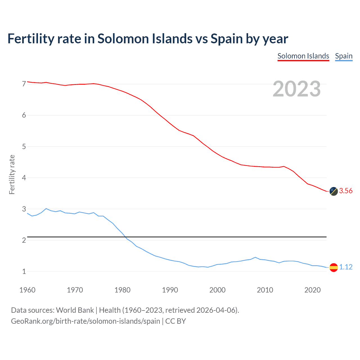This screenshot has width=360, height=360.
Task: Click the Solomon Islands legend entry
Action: click(303, 56)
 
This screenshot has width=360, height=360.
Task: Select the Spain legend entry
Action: click(344, 56)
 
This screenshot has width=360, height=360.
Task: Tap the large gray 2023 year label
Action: click(297, 89)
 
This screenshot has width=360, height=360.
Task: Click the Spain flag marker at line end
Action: click(334, 267)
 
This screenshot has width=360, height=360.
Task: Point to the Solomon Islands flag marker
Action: click(334, 191)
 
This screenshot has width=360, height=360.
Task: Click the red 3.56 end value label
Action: click(346, 191)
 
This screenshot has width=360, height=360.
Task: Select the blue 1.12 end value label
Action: click(346, 267)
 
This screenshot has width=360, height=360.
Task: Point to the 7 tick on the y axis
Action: click(24, 84)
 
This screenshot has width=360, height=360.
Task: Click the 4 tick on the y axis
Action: click(24, 178)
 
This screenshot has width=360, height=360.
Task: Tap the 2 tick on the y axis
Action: click(24, 240)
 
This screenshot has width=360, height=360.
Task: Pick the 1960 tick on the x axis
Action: click(27, 290)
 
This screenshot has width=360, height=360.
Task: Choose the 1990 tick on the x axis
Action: click(170, 290)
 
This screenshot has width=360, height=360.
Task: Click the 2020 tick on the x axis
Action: click(312, 290)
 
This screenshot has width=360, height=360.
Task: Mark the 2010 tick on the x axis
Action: click(265, 290)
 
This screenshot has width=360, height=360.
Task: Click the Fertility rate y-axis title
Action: click(12, 174)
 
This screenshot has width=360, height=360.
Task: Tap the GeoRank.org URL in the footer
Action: click(85, 321)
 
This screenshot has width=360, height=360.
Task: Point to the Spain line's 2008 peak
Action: click(255, 257)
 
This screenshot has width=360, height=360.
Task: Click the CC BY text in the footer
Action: click(175, 321)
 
